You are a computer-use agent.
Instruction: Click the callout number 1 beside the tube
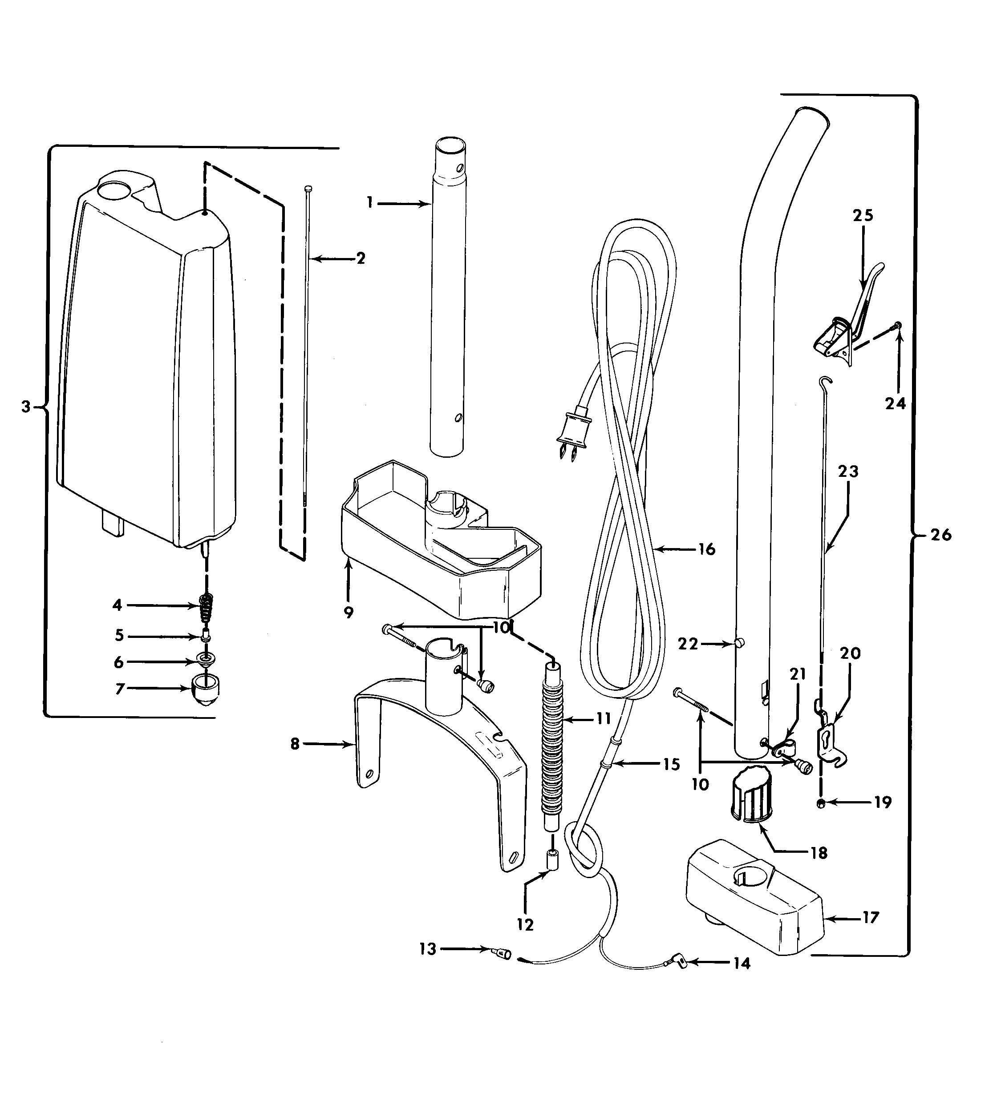click(x=369, y=203)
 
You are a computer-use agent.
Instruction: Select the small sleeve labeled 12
click(x=552, y=861)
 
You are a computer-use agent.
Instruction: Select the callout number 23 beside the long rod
click(x=848, y=471)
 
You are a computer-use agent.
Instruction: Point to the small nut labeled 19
click(x=821, y=803)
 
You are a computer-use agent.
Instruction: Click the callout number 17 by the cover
click(x=871, y=917)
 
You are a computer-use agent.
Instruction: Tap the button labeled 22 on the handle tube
click(x=739, y=644)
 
